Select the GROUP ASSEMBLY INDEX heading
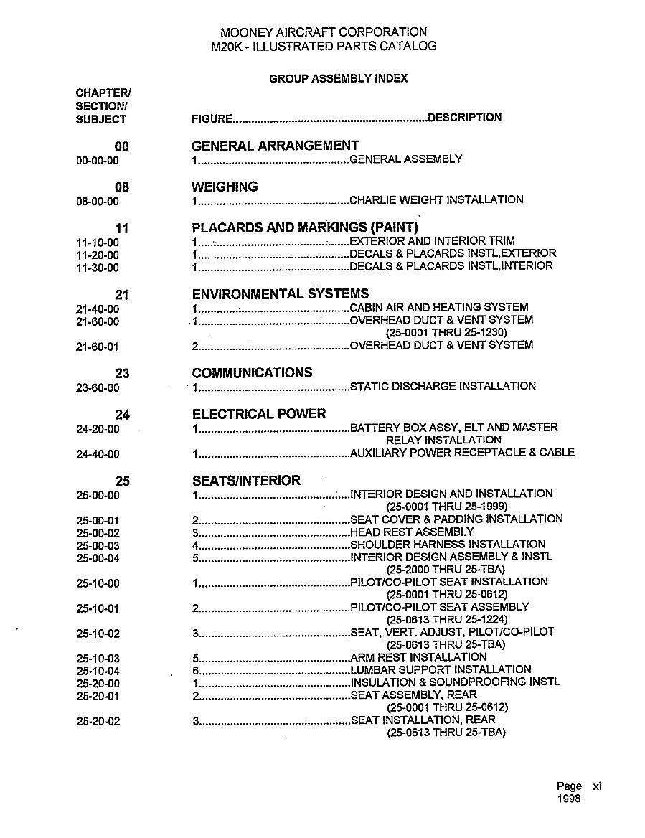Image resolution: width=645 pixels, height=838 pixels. [338, 78]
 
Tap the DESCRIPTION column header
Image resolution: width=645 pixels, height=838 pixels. [465, 118]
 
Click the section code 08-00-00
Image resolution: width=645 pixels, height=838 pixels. [98, 202]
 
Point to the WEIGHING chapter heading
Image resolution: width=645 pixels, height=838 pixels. [225, 187]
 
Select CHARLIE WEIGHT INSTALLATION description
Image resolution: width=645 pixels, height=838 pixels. [436, 199]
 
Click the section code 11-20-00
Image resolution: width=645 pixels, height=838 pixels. [98, 255]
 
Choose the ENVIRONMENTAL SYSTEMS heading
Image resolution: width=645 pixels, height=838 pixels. [281, 293]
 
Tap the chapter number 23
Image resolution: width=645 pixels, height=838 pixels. [122, 373]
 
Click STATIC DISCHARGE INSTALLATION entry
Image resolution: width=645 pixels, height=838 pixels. [443, 386]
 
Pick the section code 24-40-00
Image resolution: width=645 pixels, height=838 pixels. [98, 454]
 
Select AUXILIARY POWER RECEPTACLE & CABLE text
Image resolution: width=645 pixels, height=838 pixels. [462, 452]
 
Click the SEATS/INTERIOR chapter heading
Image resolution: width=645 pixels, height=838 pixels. [246, 480]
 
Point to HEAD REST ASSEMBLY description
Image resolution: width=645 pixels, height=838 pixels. [412, 532]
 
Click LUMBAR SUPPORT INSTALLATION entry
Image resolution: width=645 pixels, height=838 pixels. [441, 669]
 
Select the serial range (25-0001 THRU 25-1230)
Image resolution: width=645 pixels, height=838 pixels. [446, 332]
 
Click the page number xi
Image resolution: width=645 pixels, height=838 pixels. [597, 786]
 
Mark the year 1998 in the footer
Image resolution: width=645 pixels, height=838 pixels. [568, 799]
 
